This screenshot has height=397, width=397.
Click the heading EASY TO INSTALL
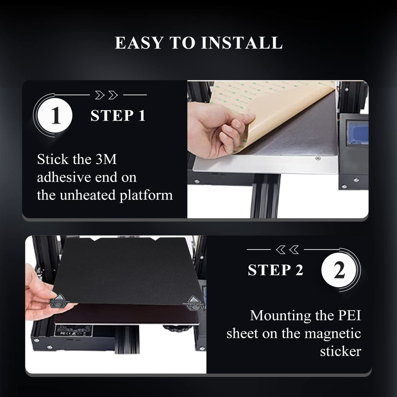click(x=198, y=43)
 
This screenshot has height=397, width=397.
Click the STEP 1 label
click(x=118, y=116)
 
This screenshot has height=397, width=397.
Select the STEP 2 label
click(x=276, y=270)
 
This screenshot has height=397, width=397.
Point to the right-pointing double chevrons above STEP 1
click(x=106, y=95)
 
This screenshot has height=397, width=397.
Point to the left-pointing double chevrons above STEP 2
click(x=287, y=250)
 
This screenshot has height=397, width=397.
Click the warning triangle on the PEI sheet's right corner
click(x=192, y=299)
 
